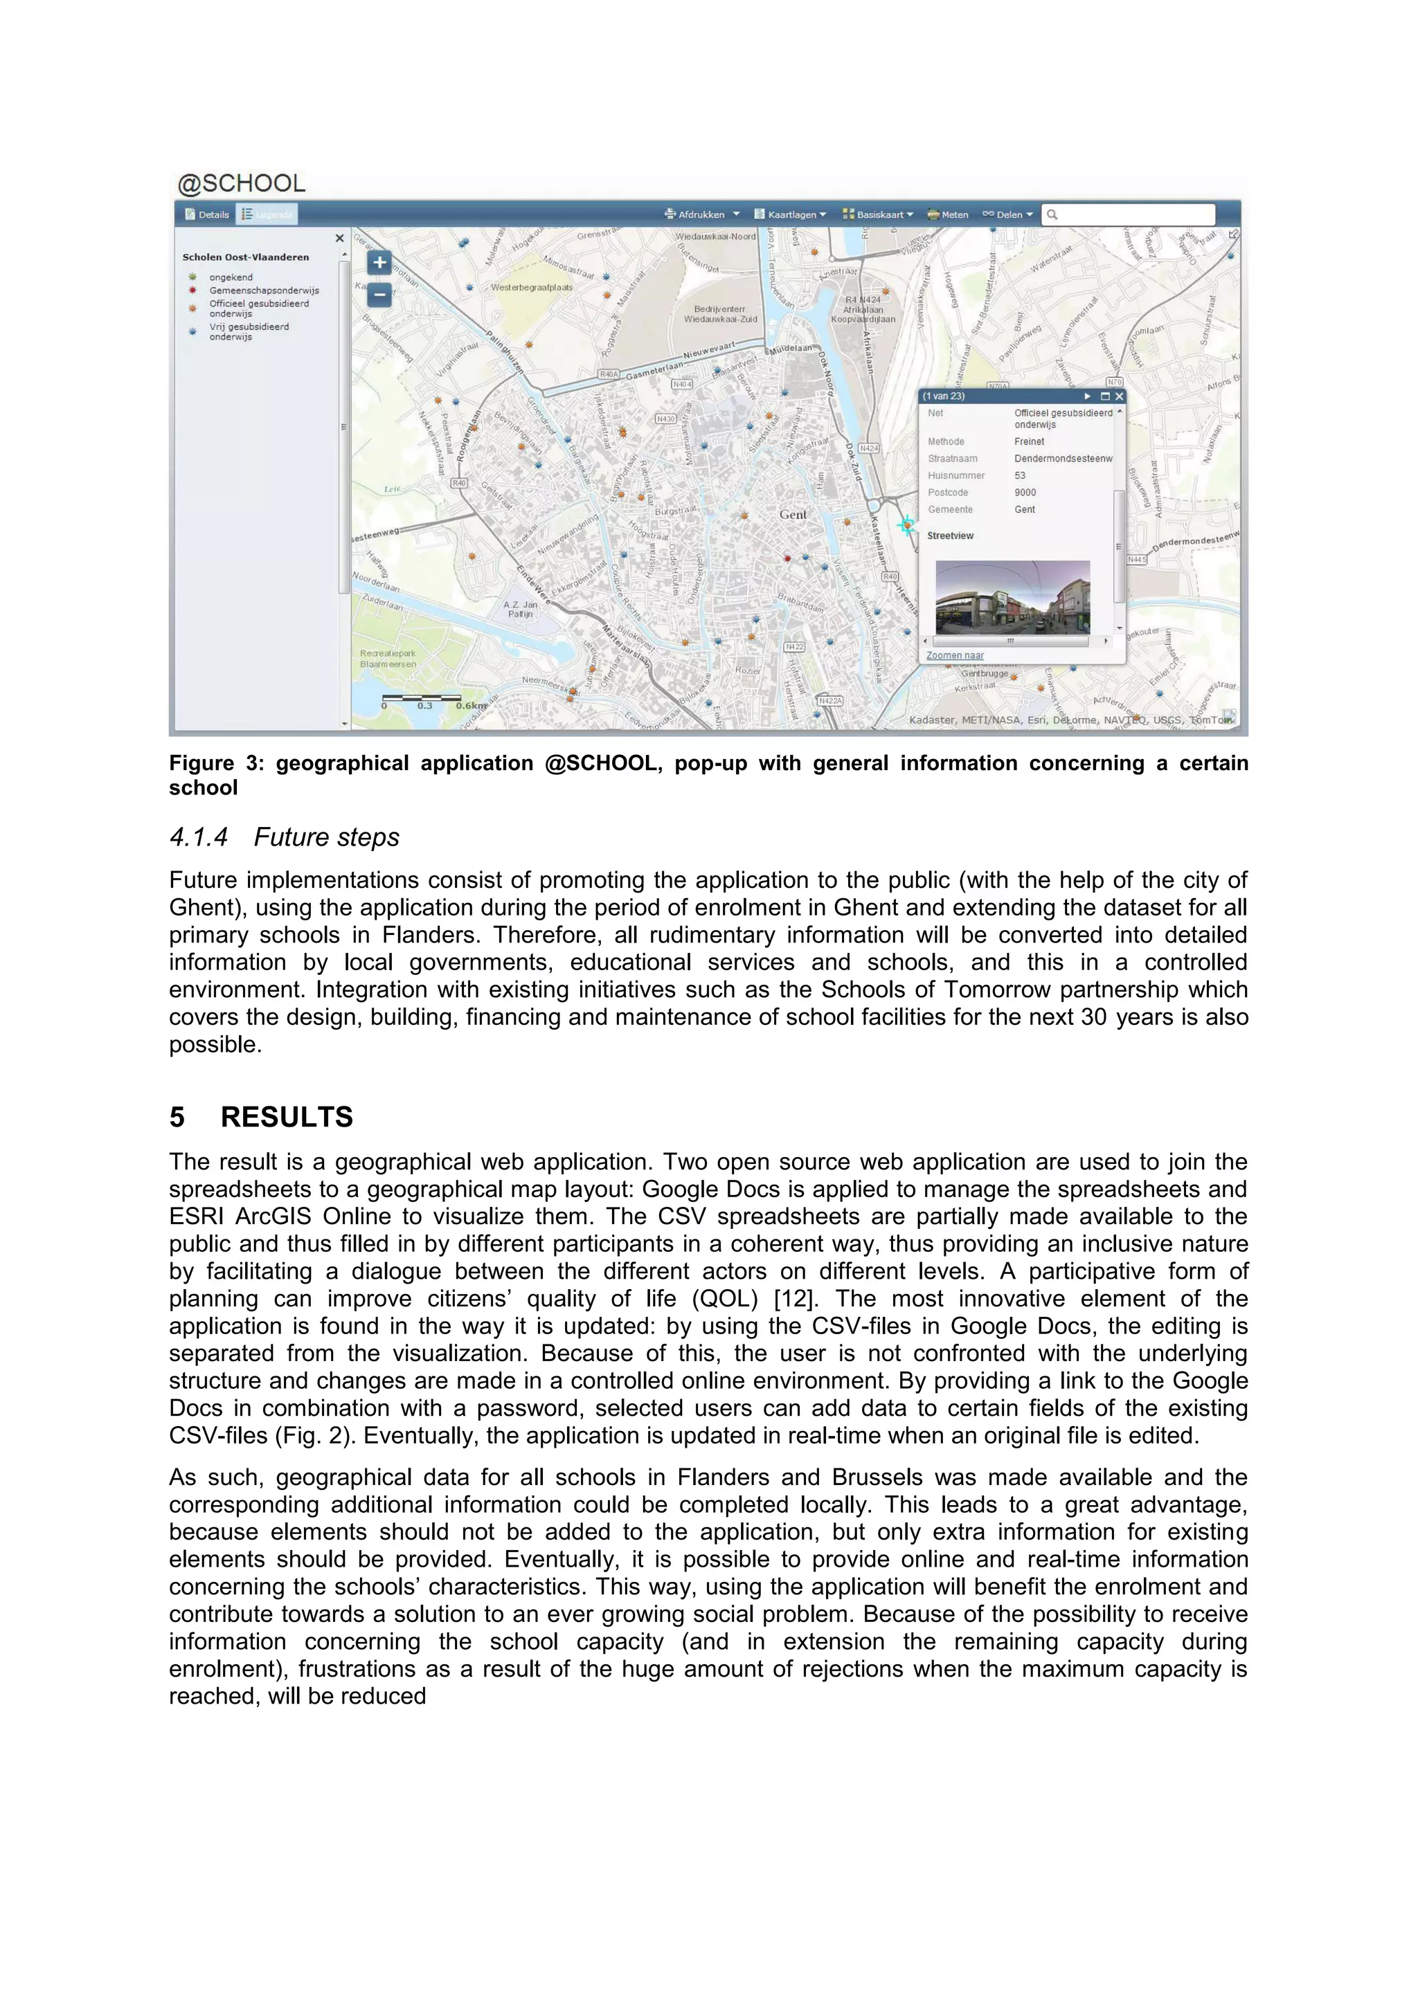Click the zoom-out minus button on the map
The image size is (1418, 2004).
[379, 295]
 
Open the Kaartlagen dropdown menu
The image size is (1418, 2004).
[790, 215]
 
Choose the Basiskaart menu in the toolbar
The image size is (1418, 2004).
[877, 215]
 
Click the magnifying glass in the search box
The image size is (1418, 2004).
[1052, 215]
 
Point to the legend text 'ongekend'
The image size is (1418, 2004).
[231, 277]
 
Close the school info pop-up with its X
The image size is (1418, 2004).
[1120, 397]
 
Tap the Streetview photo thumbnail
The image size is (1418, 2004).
[1012, 597]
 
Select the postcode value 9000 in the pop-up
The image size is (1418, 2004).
[1025, 492]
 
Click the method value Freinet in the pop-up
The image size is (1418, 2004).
[1029, 441]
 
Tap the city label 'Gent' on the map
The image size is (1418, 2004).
[793, 515]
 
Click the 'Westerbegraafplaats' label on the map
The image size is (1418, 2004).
[531, 287]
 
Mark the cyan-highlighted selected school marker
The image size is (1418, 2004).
[907, 525]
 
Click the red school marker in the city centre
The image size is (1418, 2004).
[787, 558]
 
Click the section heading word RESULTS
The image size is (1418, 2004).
[287, 1117]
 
